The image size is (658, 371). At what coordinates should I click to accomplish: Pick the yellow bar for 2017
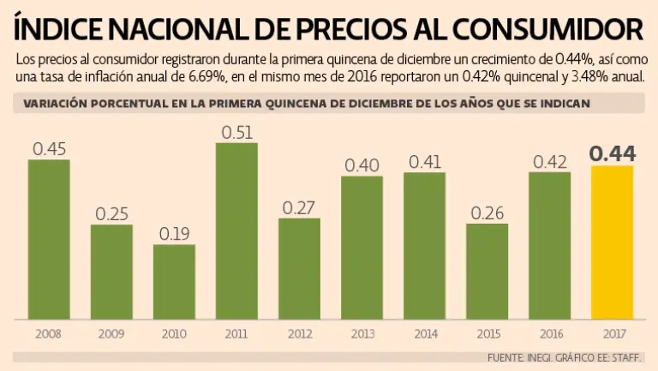612,242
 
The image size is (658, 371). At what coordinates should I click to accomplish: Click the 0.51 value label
236,133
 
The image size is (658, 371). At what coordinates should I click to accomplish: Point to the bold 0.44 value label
612,154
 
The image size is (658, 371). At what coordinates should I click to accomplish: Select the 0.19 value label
174,234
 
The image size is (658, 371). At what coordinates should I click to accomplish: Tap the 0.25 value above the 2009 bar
111,214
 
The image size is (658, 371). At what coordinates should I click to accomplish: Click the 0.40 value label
362,165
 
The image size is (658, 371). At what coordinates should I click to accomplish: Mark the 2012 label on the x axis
299,333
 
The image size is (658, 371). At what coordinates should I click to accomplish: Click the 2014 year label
424,333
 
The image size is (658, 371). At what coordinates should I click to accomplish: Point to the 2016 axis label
549,333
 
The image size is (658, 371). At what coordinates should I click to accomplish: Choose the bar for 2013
362,247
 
